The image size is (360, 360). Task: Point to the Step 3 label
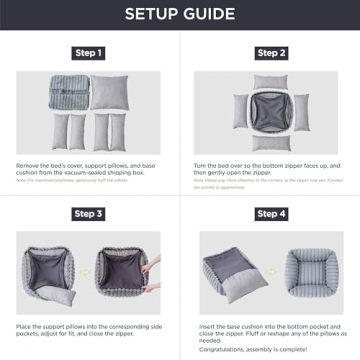89,214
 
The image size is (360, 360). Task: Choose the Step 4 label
271,214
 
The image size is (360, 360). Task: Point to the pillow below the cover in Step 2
270,149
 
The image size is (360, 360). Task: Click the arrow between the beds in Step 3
90,270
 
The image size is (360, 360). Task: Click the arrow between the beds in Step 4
272,270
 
